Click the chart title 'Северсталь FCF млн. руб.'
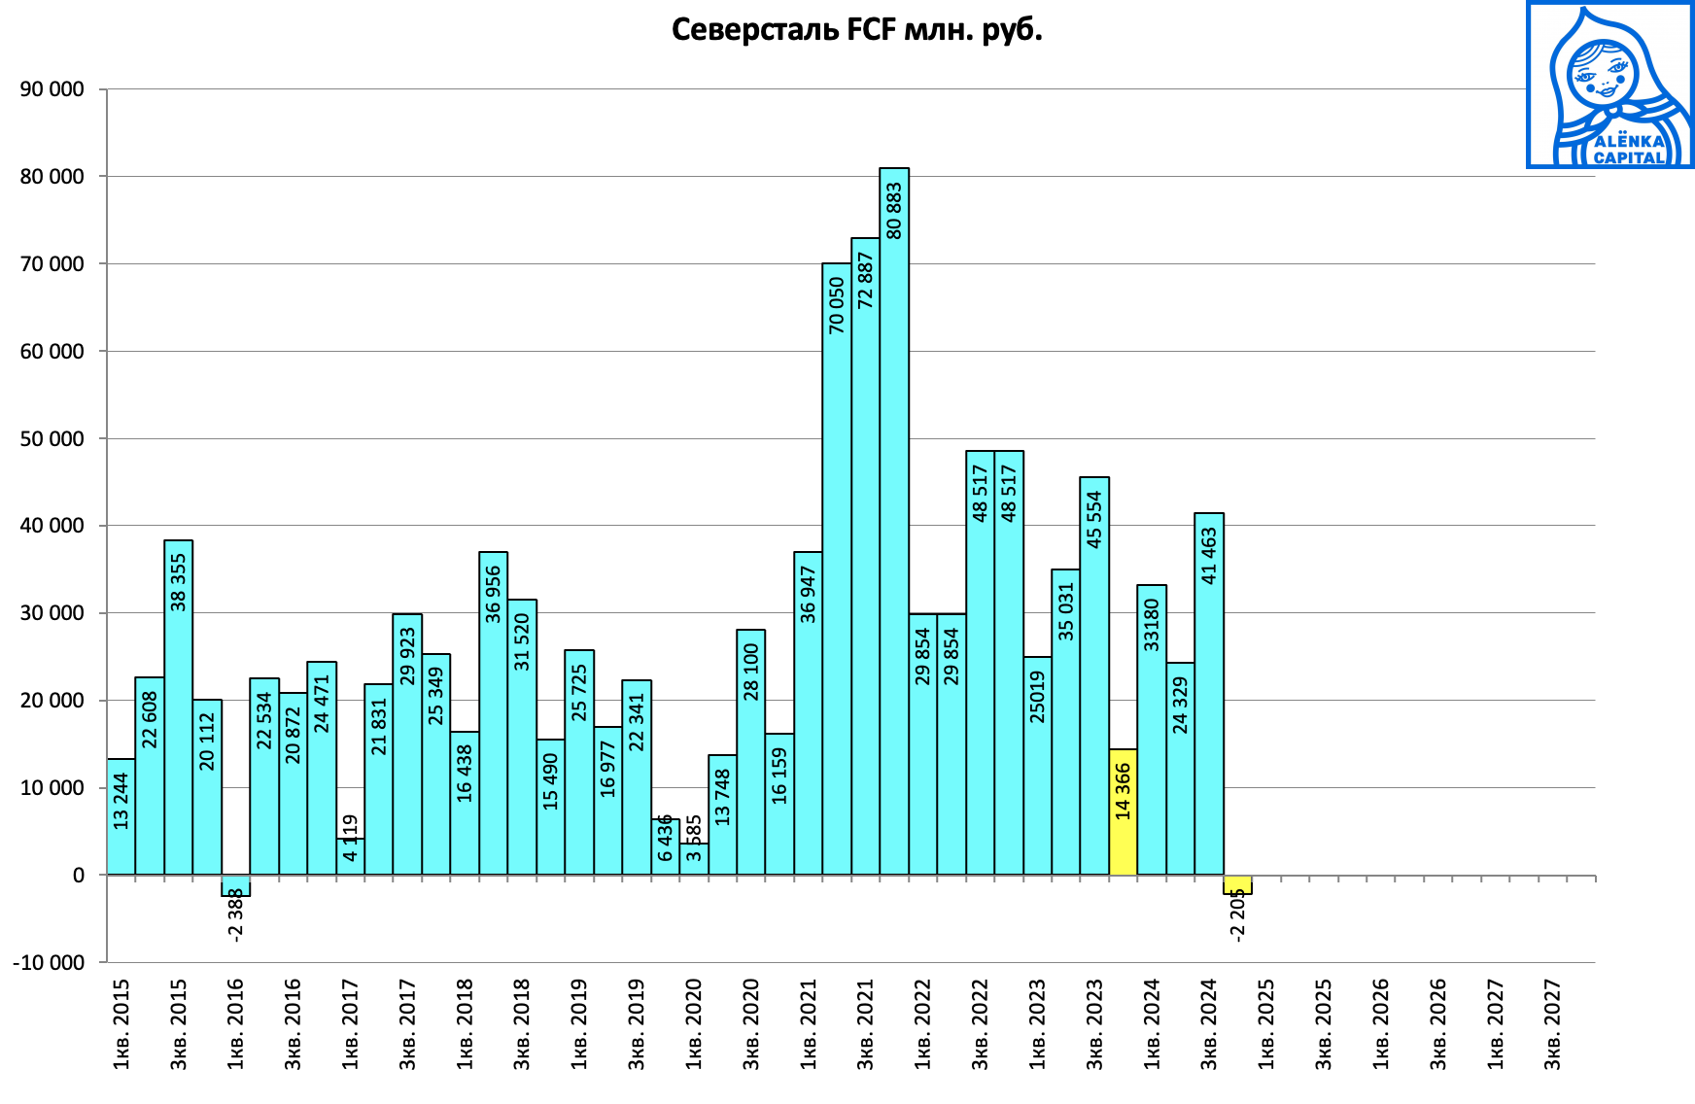[856, 29]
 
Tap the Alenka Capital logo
[1609, 85]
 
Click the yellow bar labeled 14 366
[1123, 811]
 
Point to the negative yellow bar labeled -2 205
[1237, 884]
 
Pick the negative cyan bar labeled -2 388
[236, 885]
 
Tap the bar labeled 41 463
[1209, 694]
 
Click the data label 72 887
[865, 280]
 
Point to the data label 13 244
[121, 801]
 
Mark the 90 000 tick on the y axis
[52, 89]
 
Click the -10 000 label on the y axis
[49, 962]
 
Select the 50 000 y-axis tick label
[52, 438]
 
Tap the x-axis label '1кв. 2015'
[121, 1024]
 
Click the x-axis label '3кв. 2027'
[1553, 1024]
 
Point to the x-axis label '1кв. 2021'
[809, 1024]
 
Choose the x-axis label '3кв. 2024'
[1209, 1024]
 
